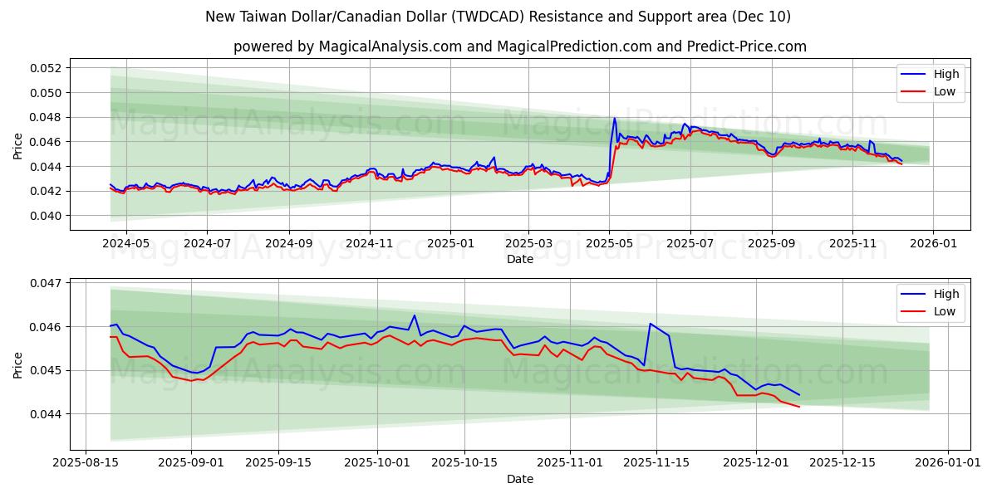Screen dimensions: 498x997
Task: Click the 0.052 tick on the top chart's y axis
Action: [x=47, y=68]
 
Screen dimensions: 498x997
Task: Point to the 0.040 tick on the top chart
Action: [x=47, y=216]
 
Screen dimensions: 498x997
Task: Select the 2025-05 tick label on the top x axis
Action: [x=609, y=243]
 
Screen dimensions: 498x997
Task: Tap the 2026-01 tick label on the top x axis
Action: [x=933, y=243]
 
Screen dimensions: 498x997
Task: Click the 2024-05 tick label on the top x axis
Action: [x=125, y=243]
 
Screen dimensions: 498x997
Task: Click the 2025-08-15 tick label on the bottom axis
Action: [x=86, y=463]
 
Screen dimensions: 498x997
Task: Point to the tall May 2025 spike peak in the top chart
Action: [x=615, y=118]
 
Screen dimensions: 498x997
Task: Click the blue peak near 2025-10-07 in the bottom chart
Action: [x=414, y=315]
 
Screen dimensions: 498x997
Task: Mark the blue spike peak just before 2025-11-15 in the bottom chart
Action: [x=651, y=324]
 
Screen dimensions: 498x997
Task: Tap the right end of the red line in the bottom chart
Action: [x=799, y=407]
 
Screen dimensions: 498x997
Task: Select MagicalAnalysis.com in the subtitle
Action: [x=390, y=46]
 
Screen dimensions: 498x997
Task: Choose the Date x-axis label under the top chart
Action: [x=520, y=259]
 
